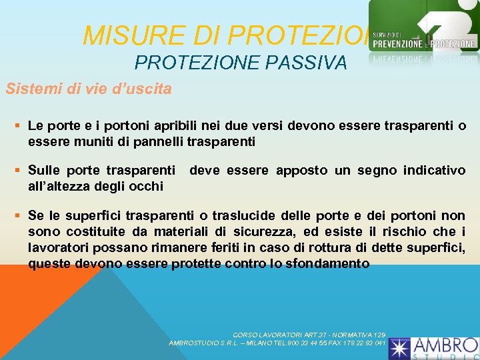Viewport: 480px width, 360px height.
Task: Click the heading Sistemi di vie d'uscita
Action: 89,88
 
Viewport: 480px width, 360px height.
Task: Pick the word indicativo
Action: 432,171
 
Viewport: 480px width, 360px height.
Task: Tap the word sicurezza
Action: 251,231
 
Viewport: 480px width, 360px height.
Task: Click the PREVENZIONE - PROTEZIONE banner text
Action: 424,43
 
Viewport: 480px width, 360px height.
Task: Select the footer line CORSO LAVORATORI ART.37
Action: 309,334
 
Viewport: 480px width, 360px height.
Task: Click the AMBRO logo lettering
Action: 446,345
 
